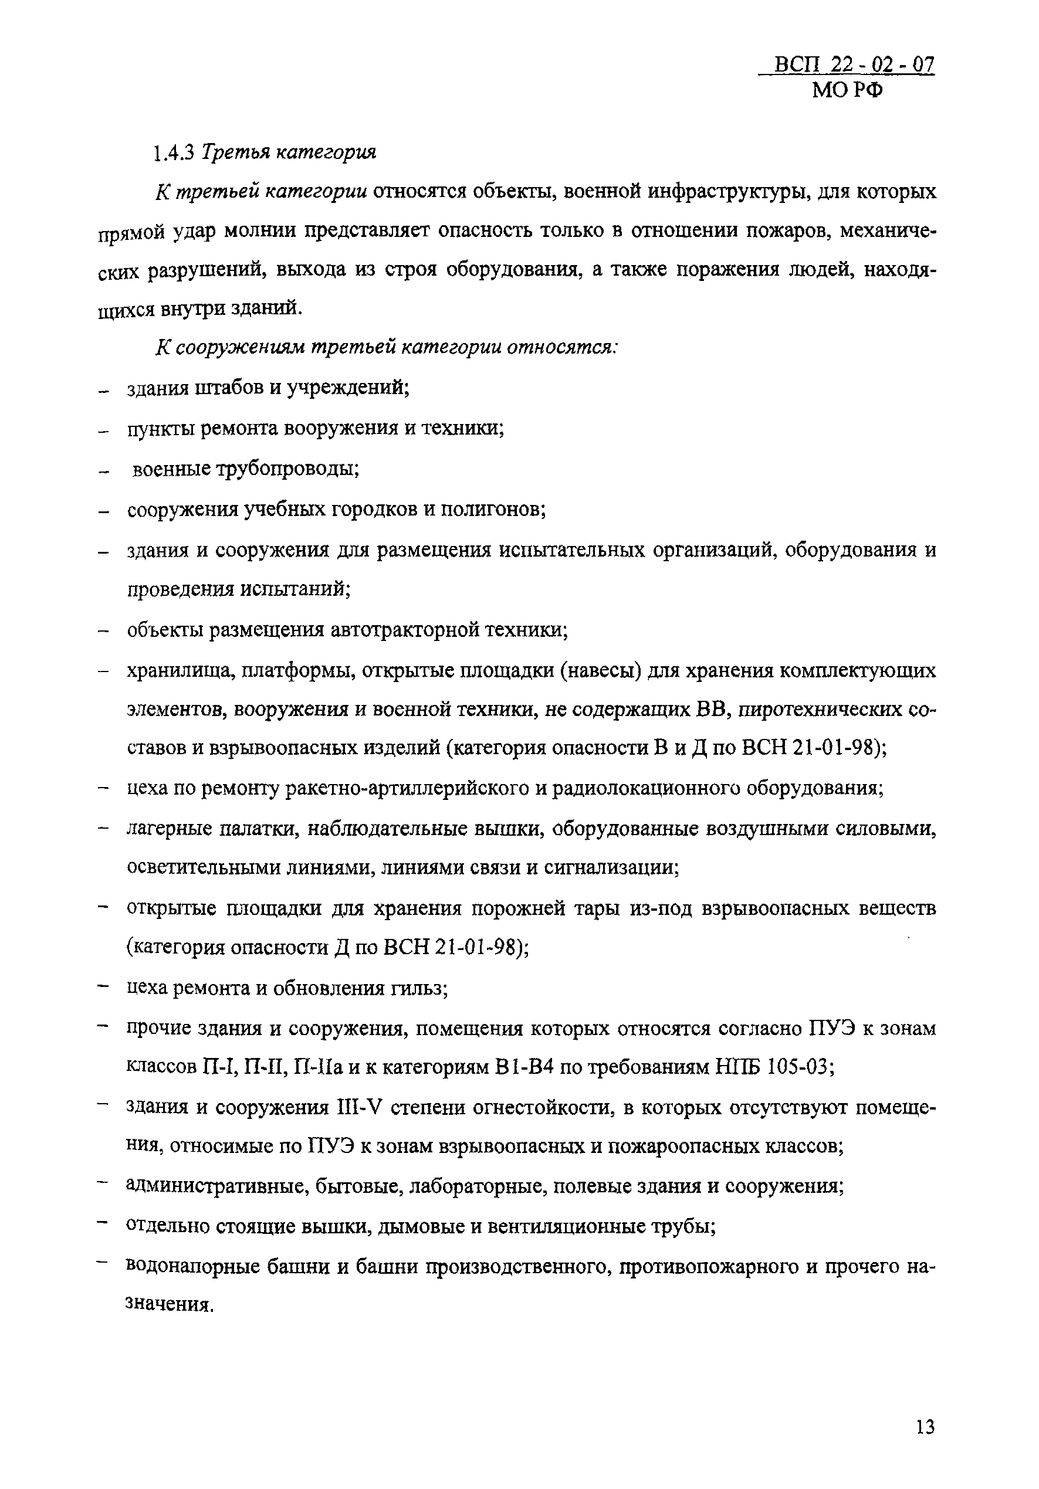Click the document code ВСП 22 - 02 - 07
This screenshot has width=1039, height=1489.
tap(855, 66)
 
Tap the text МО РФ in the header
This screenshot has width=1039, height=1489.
tap(848, 91)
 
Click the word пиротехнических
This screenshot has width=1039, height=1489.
tap(816, 710)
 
